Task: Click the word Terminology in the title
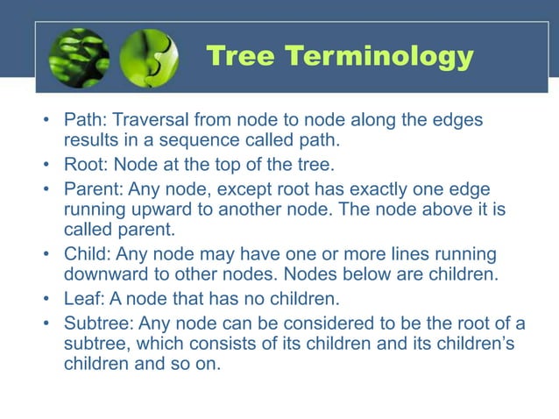pos(382,58)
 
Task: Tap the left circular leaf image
pos(80,59)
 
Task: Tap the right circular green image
pos(148,59)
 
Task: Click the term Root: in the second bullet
pos(87,163)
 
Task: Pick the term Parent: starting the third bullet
pos(94,189)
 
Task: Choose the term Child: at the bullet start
pos(87,254)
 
